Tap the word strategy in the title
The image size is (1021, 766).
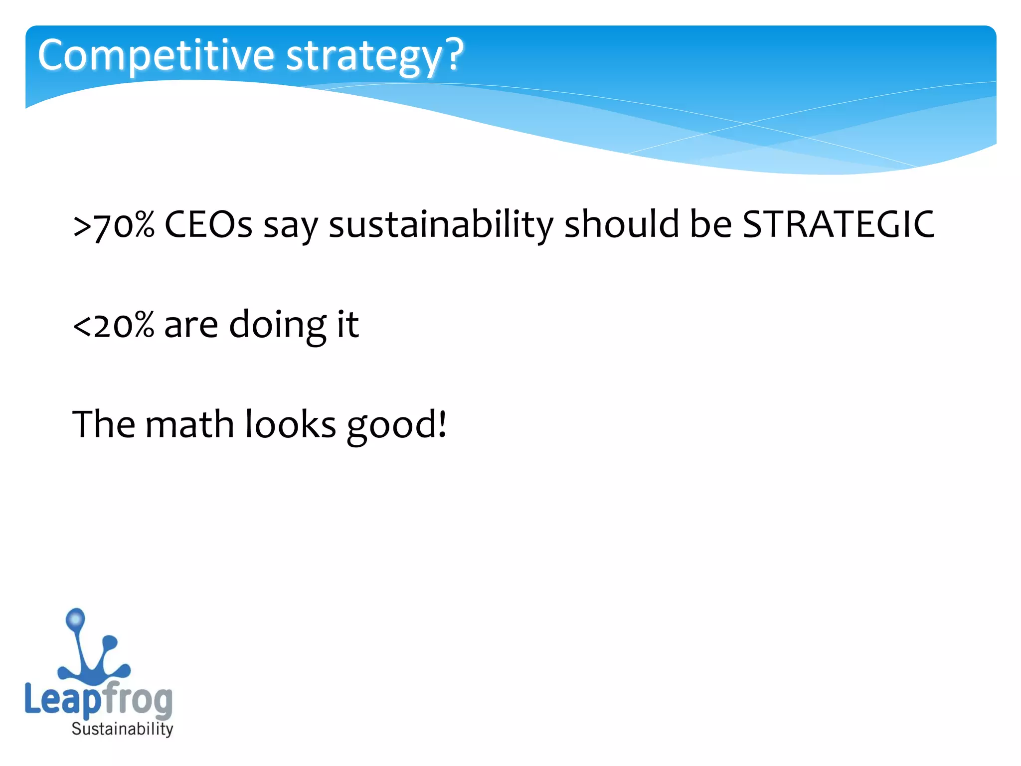point(364,56)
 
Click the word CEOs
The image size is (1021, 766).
point(208,224)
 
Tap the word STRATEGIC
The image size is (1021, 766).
point(839,224)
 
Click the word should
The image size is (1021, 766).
point(621,224)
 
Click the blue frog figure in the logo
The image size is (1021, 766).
point(92,653)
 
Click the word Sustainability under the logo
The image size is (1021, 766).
point(122,729)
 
